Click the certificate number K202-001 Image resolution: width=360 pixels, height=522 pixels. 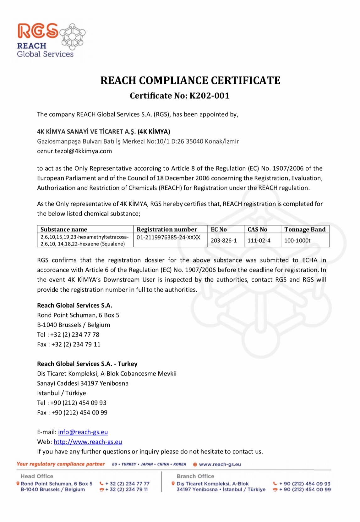pyautogui.click(x=209, y=96)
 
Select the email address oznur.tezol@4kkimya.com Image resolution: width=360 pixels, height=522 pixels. pyautogui.click(x=74, y=151)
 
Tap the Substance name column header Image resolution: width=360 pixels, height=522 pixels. pyautogui.click(x=64, y=229)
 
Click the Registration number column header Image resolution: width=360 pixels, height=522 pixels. pyautogui.click(x=167, y=229)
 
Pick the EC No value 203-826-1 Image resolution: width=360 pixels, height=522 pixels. pyautogui.click(x=224, y=240)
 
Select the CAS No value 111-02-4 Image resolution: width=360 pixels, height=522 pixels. pyautogui.click(x=259, y=240)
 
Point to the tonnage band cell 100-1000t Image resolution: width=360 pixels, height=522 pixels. pyautogui.click(x=297, y=240)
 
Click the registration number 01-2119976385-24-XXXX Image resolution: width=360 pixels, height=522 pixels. pyautogui.click(x=168, y=237)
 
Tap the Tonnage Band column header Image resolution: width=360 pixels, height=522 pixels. pyautogui.click(x=305, y=229)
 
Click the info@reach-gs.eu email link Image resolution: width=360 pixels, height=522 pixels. pyautogui.click(x=83, y=432)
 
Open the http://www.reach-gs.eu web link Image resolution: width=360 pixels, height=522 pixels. pyautogui.click(x=88, y=442)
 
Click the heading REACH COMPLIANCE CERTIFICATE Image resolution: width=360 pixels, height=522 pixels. pyautogui.click(x=190, y=80)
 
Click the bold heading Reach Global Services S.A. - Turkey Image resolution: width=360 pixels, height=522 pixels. pyautogui.click(x=87, y=364)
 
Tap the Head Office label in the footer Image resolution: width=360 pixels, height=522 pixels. pyautogui.click(x=37, y=476)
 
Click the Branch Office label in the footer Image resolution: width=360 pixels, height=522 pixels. pyautogui.click(x=195, y=476)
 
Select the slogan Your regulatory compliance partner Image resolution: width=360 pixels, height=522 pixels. pyautogui.click(x=61, y=464)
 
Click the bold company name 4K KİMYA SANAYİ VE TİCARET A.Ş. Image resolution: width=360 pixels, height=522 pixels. pyautogui.click(x=86, y=132)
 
